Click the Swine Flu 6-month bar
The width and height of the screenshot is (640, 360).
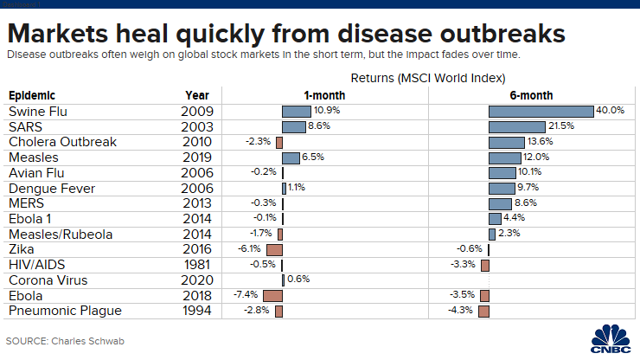coord(541,112)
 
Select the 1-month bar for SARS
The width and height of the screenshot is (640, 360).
coord(293,126)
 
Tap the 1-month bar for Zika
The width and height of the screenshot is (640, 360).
coord(274,249)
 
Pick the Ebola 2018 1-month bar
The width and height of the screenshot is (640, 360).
coord(272,295)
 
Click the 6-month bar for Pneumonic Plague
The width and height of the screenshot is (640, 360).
coord(484,311)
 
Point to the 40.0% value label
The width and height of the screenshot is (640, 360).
coord(611,111)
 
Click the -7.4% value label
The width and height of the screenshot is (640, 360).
coord(247,295)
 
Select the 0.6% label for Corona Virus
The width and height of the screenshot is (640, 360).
coord(298,280)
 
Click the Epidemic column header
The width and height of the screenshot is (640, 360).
coord(32,95)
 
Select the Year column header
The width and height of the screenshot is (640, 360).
coord(196,95)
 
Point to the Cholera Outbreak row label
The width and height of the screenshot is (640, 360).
coord(61,142)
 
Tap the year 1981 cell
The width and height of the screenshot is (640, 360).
coord(196,265)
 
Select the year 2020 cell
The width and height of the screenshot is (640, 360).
coord(196,280)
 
